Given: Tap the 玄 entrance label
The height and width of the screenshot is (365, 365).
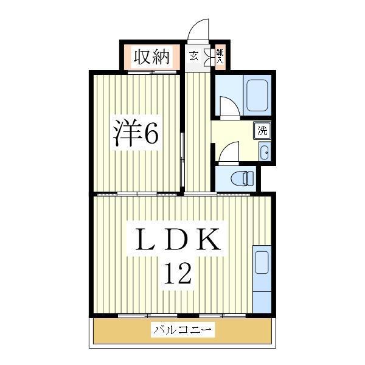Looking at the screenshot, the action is tap(193, 56).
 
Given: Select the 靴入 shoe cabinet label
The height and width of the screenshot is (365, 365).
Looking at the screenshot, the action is tap(220, 57).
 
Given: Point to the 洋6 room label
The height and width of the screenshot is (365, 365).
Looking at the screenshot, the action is tap(136, 133).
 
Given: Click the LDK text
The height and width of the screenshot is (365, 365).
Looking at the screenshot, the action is tap(178, 239).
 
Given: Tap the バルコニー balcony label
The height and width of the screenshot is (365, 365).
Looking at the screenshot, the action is tap(182, 330).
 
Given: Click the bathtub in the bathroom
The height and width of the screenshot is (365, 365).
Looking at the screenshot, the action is tap(257, 96).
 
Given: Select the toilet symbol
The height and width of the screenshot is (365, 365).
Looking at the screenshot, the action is tap(242, 178).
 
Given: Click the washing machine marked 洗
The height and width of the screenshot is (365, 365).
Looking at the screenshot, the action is tap(262, 131).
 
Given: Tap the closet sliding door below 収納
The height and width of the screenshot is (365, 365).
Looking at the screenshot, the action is tap(152, 72).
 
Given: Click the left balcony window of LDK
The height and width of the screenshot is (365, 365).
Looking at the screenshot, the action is tap(148, 316).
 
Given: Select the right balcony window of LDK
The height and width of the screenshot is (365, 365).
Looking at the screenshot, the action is tap(223, 316).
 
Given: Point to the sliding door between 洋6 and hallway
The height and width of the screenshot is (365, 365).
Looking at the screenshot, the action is tap(182, 159).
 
